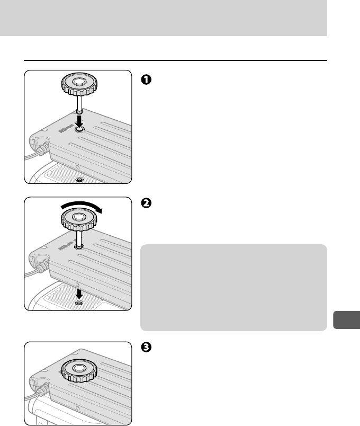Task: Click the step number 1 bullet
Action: (146, 79)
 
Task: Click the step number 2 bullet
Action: (146, 203)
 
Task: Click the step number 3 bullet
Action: (146, 347)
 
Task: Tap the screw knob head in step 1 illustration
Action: (79, 83)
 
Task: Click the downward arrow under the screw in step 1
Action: (79, 121)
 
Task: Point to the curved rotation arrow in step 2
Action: (81, 206)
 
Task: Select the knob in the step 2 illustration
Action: (79, 219)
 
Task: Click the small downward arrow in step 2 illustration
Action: (79, 294)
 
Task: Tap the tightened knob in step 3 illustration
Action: (79, 370)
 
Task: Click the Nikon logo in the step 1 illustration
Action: (66, 128)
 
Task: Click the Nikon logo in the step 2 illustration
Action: (66, 245)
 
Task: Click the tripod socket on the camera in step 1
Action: (79, 179)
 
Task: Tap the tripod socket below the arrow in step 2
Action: (79, 303)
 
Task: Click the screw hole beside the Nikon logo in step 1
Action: (79, 130)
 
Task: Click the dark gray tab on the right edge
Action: (346, 320)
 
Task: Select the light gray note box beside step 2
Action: (233, 287)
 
